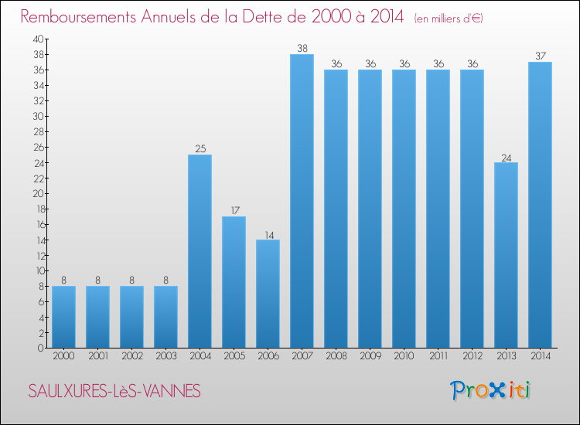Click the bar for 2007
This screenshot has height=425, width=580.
click(x=302, y=201)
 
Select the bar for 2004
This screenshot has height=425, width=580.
click(x=200, y=251)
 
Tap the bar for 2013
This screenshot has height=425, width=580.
click(x=506, y=255)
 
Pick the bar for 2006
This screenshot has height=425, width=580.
click(x=268, y=294)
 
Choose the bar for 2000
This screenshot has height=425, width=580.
click(x=63, y=317)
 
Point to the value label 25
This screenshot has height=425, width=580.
click(x=200, y=149)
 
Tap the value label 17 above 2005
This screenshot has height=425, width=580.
click(x=234, y=211)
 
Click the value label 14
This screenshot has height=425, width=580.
click(x=268, y=234)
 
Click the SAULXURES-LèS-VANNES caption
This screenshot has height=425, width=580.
click(x=114, y=392)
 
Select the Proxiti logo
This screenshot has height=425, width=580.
click(x=491, y=390)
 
